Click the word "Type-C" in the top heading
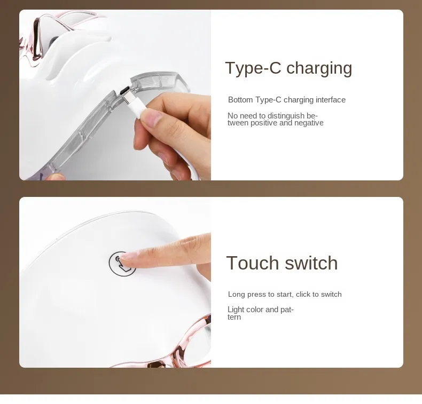[x=253, y=68]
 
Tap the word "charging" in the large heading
[x=319, y=68]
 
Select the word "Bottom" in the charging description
[x=240, y=100]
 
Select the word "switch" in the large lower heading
[x=311, y=263]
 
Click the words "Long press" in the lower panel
[x=247, y=295]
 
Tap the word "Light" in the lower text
[x=235, y=310]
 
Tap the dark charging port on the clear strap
[x=124, y=90]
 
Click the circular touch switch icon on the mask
[x=122, y=264]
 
